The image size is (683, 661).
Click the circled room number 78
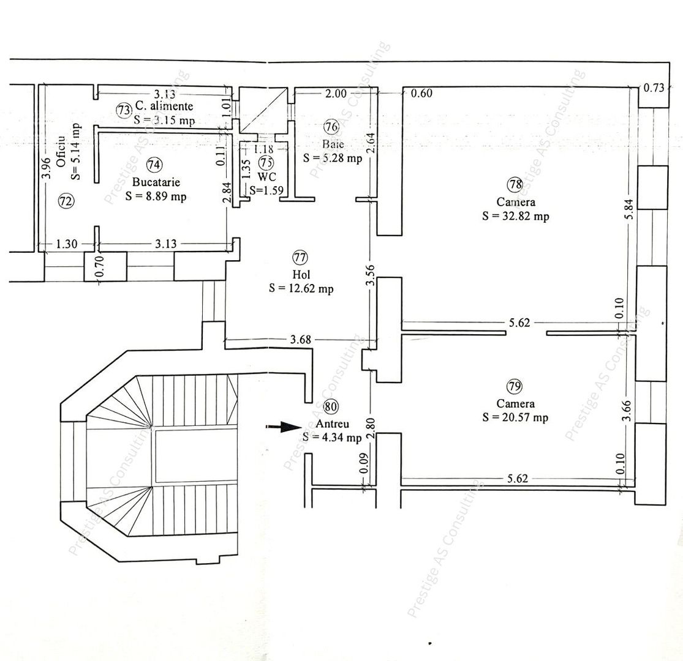click(515, 184)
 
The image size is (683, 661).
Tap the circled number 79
click(515, 386)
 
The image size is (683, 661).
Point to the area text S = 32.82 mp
click(515, 216)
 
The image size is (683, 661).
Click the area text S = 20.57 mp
click(515, 417)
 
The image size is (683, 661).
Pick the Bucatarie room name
click(155, 182)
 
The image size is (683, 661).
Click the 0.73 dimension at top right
click(654, 88)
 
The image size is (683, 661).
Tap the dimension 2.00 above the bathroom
click(335, 94)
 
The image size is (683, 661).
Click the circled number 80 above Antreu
click(331, 406)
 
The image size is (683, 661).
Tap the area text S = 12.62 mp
click(301, 289)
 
